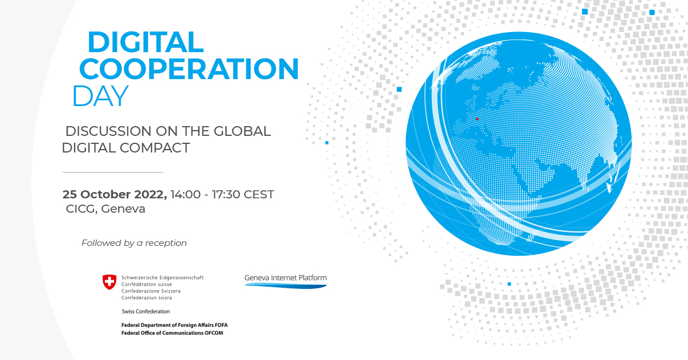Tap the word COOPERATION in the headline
click(x=189, y=69)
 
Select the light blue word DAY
click(x=100, y=96)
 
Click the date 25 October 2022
click(x=115, y=194)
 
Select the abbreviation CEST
click(x=259, y=194)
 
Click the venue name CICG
click(x=80, y=209)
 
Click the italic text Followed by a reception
click(x=134, y=243)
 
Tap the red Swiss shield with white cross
click(x=109, y=281)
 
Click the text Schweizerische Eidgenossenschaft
click(x=162, y=277)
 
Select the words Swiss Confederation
click(x=146, y=311)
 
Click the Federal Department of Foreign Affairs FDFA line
click(x=174, y=325)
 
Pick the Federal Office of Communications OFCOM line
click(x=172, y=333)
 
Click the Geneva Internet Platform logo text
click(x=286, y=278)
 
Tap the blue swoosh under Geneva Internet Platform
click(x=286, y=285)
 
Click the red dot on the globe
click(x=477, y=119)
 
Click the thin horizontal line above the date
click(x=112, y=172)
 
